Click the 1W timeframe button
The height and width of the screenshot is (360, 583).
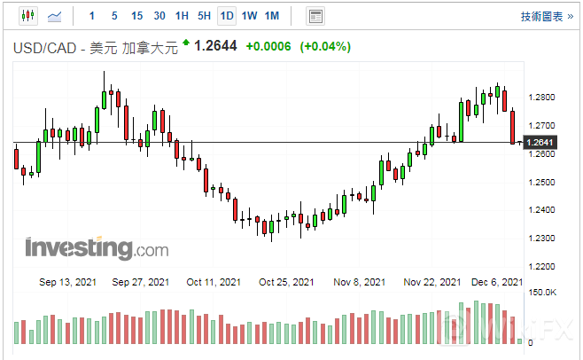click(250, 16)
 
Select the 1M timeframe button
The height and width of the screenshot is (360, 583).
click(272, 16)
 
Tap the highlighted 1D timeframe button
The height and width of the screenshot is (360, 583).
click(227, 16)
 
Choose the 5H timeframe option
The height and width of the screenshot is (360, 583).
click(204, 16)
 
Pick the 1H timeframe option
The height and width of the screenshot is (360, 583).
click(182, 16)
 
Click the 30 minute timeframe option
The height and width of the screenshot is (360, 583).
click(159, 16)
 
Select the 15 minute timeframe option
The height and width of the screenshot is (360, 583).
click(136, 16)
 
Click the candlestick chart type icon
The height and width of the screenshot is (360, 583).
click(27, 16)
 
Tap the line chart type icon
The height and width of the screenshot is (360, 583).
click(54, 16)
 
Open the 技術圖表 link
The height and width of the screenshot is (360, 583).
click(542, 16)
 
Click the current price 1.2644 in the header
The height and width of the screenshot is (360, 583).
click(215, 46)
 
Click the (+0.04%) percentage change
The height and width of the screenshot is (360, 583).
click(325, 46)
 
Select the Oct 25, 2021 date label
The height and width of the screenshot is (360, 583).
click(286, 282)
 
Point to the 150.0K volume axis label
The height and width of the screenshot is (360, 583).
click(542, 292)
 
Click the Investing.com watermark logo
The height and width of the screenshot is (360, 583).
click(97, 247)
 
